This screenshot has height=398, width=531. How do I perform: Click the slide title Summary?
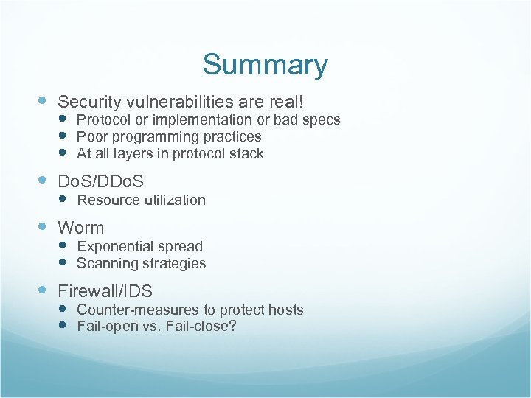click(x=265, y=65)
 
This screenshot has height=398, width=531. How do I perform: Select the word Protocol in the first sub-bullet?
click(x=102, y=119)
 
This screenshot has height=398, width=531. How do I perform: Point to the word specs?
click(x=323, y=119)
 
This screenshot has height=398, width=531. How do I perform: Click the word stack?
click(x=246, y=153)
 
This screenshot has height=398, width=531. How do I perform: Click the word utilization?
click(x=172, y=200)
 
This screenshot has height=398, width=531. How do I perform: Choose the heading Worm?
click(x=81, y=228)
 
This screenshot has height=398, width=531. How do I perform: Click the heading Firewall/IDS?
click(x=105, y=291)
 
